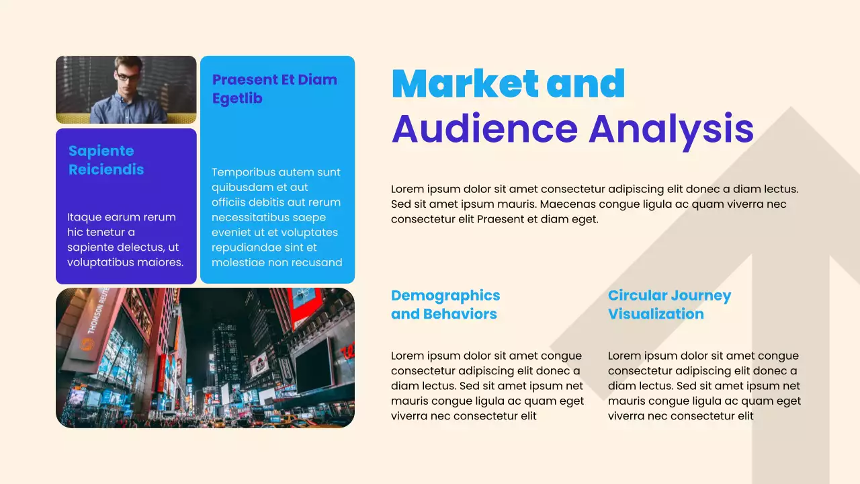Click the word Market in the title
pos(465,83)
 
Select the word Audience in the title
pos(484,129)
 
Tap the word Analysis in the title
pos(671,129)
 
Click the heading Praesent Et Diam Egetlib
pos(274,89)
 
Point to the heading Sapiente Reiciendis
pos(106,160)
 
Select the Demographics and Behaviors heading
pos(445,305)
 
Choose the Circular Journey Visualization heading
pos(669,305)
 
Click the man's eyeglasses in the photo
pos(128,77)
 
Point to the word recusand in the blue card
pos(316,262)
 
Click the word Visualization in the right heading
pos(656,314)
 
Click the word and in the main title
pos(586,83)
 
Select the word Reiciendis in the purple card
pos(106,169)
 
